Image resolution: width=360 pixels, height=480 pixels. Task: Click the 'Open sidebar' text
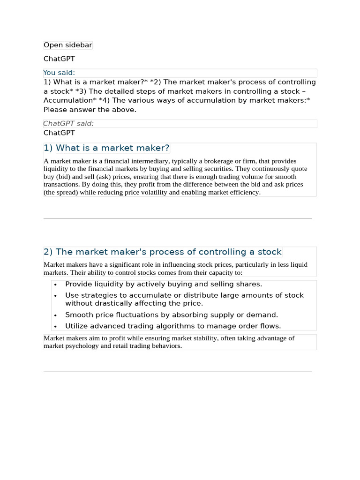67,45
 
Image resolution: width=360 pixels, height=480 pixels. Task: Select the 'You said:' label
59,73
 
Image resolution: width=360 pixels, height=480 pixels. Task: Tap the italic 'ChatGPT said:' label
68,123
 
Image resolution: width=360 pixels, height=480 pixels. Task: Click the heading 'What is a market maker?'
112,148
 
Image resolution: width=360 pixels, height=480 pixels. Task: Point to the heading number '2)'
48,252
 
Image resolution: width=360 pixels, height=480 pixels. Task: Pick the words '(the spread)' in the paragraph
63,192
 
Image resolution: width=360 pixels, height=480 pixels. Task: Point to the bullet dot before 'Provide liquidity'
55,285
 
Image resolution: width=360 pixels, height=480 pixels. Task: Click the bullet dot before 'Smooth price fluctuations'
55,315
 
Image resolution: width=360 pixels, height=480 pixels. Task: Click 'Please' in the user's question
56,110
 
